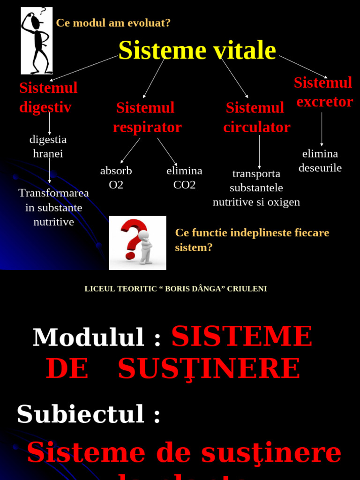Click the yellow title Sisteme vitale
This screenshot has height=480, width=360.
197,51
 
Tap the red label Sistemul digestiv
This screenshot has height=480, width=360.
48,97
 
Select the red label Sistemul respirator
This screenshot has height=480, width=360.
147,117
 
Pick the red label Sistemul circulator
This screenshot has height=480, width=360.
256,117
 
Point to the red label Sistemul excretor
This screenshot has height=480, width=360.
323,92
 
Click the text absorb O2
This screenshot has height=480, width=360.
116,178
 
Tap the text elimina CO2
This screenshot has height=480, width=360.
184,178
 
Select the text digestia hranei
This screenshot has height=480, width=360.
48,146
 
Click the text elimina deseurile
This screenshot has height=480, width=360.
320,161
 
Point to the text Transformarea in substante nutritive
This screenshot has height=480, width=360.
53,207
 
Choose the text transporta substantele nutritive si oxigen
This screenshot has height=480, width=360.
256,187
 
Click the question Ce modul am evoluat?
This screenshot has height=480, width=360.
113,23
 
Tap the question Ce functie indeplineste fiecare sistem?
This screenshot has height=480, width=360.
252,240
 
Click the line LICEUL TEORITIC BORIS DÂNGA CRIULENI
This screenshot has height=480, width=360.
176,289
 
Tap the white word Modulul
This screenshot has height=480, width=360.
89,337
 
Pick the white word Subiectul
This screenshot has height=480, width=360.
80,414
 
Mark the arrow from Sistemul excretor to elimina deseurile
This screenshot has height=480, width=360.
322,129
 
